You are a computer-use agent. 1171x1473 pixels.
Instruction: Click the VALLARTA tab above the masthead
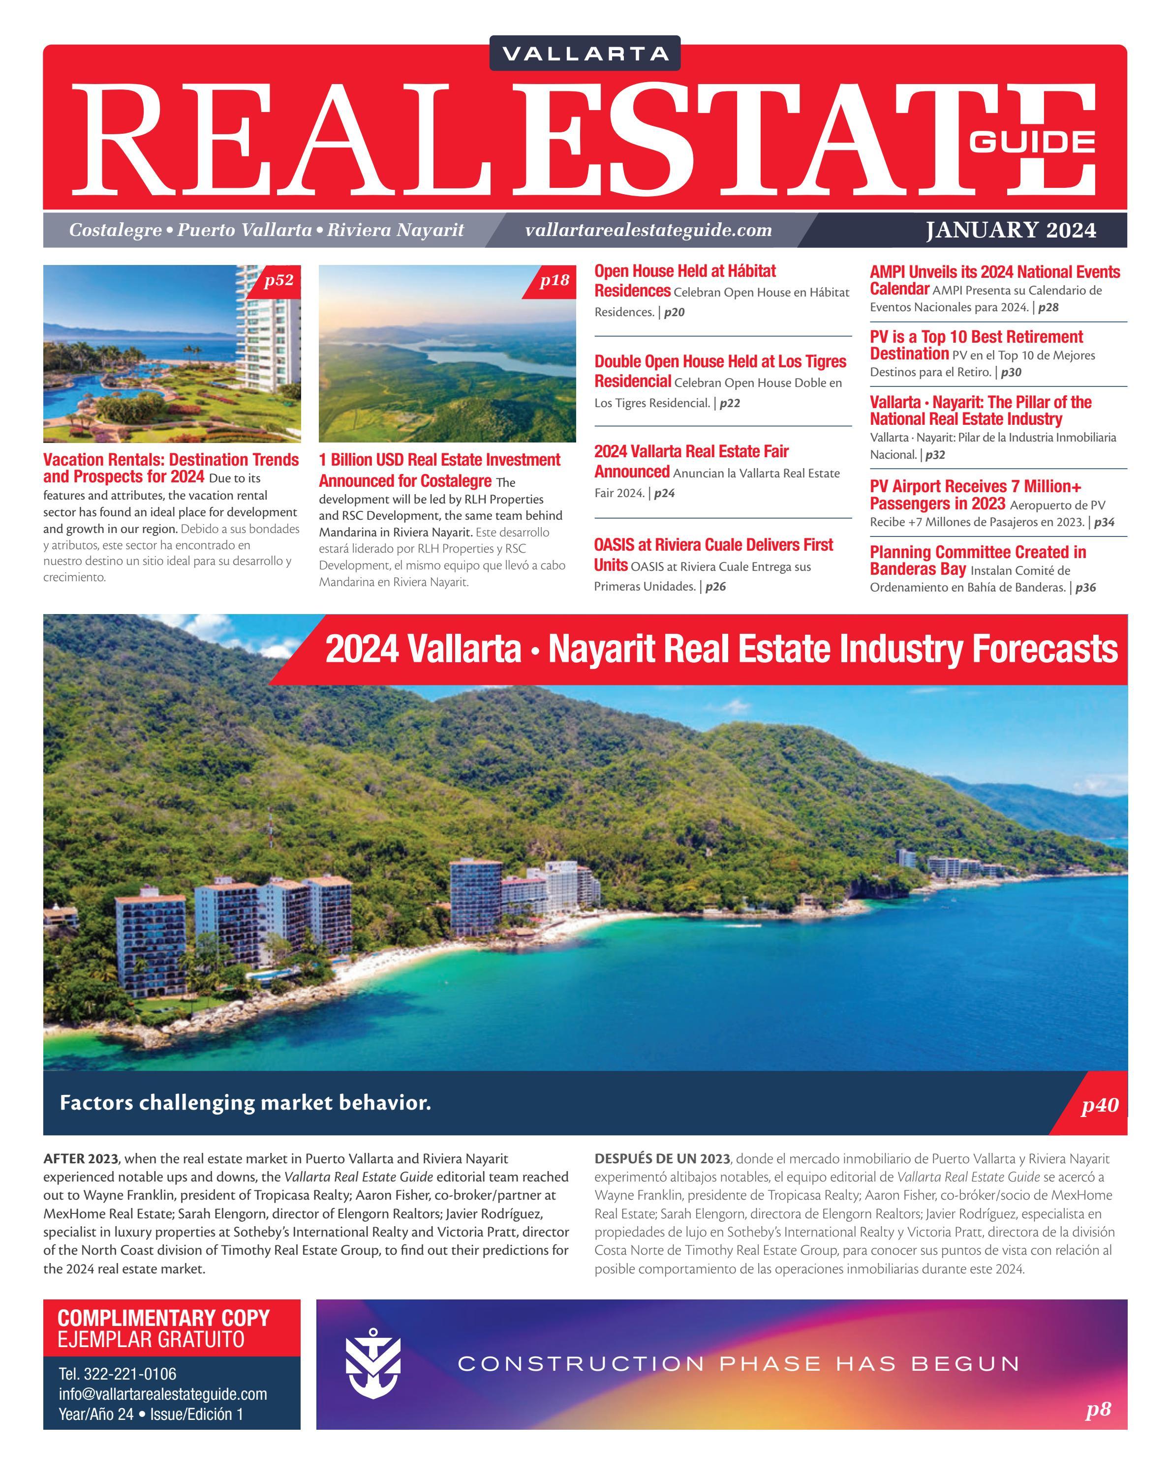pyautogui.click(x=585, y=53)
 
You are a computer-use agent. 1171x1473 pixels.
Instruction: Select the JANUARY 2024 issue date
pyautogui.click(x=1010, y=230)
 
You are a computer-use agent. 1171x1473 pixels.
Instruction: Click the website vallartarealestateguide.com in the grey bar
pyautogui.click(x=648, y=230)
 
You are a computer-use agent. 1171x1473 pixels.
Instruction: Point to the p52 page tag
pyautogui.click(x=278, y=280)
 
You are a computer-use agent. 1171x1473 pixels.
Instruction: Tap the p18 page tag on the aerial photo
pyautogui.click(x=554, y=280)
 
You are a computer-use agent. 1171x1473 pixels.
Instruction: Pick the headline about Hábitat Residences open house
pyautogui.click(x=685, y=281)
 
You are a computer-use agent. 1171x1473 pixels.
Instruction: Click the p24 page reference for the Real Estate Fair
pyautogui.click(x=664, y=493)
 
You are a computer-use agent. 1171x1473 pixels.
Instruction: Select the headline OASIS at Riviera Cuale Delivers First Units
pyautogui.click(x=713, y=554)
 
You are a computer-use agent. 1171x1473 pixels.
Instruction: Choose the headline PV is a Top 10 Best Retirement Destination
pyautogui.click(x=976, y=345)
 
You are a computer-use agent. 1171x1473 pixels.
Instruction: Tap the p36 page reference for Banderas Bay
pyautogui.click(x=1085, y=588)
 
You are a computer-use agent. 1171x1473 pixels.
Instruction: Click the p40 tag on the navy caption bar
pyautogui.click(x=1099, y=1105)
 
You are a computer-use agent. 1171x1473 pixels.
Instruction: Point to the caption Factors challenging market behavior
pyautogui.click(x=246, y=1103)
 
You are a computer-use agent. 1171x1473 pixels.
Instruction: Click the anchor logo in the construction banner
pyautogui.click(x=372, y=1364)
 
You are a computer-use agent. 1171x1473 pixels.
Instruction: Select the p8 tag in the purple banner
pyautogui.click(x=1098, y=1409)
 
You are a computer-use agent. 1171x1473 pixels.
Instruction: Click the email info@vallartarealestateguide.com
pyautogui.click(x=163, y=1394)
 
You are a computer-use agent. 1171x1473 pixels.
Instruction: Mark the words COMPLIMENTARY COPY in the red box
pyautogui.click(x=163, y=1318)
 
